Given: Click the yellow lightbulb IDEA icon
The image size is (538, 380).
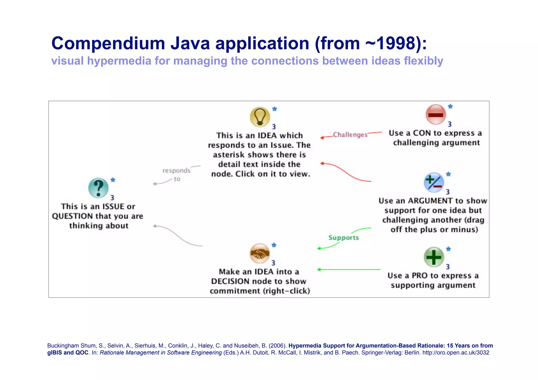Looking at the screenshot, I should [260, 117].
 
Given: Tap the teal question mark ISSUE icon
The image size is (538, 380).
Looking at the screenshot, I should [99, 188].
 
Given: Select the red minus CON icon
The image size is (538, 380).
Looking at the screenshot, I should [436, 114].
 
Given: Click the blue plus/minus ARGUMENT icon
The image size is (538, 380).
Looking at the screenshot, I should [434, 183].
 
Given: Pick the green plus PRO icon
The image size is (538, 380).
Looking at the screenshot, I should [434, 257].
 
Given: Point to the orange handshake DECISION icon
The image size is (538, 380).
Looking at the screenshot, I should [260, 253].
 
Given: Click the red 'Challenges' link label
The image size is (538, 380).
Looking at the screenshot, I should [350, 135].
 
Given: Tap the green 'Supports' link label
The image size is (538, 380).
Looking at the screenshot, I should [344, 238].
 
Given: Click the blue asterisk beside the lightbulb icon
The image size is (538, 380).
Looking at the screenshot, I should [275, 109].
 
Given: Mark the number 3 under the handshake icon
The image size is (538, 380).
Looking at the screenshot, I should [273, 263].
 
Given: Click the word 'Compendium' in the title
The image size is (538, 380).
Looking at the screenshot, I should [108, 43].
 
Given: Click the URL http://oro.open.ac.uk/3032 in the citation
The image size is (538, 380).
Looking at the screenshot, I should [456, 353].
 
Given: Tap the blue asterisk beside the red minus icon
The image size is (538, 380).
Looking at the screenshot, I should [450, 106].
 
